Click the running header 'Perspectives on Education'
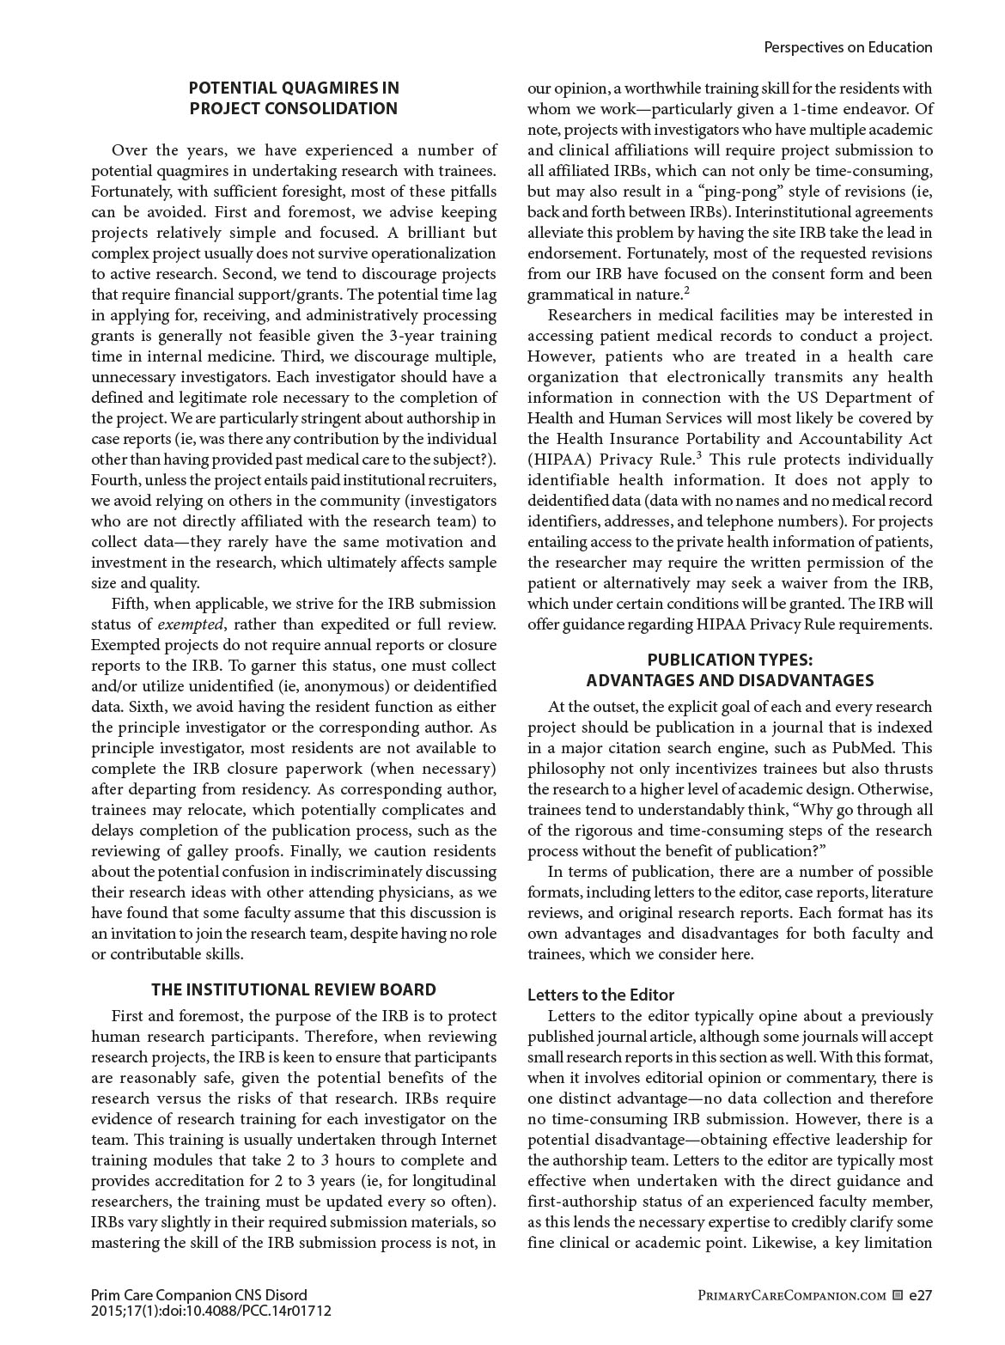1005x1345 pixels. pyautogui.click(x=847, y=47)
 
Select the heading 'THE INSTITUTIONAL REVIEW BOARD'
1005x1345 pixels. pyautogui.click(x=294, y=989)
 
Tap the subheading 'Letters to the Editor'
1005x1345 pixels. pyautogui.click(x=600, y=995)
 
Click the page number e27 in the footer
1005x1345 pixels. pyautogui.click(x=920, y=1295)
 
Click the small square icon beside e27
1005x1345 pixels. pyautogui.click(x=898, y=1295)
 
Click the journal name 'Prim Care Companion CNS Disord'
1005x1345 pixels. pyautogui.click(x=198, y=1294)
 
